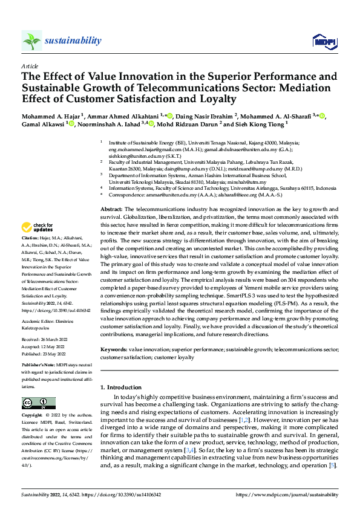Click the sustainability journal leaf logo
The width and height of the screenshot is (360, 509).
[31, 41]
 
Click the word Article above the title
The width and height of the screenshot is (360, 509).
[30, 66]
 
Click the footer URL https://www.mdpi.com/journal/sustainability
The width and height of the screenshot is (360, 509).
[287, 494]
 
